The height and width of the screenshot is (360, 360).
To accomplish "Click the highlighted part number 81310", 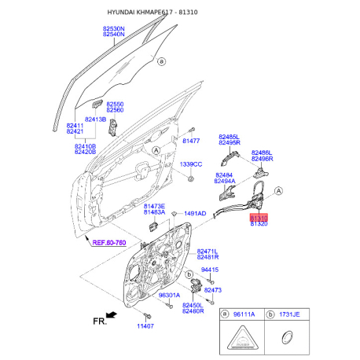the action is click(x=259, y=218).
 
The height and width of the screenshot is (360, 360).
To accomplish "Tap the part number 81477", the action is click(x=191, y=141).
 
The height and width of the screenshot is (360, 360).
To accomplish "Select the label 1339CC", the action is click(x=191, y=164).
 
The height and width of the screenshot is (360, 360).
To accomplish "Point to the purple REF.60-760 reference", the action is click(x=109, y=243).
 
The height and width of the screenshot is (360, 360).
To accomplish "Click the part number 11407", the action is click(x=145, y=326).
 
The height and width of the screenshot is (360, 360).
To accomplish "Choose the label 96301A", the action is click(x=169, y=296).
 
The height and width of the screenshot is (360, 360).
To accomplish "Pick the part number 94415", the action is click(x=210, y=270).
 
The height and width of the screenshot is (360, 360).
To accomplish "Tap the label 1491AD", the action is click(x=195, y=214).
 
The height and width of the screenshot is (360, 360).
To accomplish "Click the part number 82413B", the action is click(x=95, y=119).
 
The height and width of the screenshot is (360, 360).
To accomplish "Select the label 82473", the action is click(x=213, y=290).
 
